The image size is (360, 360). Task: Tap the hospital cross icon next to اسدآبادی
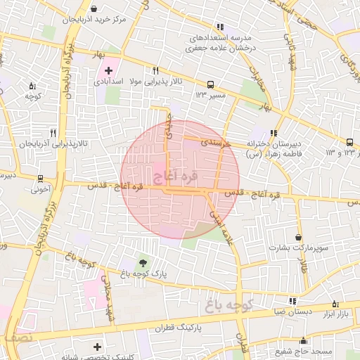point(109,71)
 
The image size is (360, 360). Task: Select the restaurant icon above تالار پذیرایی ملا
point(155,70)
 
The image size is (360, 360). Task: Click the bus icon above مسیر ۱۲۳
point(212,82)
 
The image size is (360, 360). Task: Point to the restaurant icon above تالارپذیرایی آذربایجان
point(53,132)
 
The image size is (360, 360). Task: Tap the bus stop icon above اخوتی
point(41,178)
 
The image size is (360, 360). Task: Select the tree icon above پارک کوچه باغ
point(145,262)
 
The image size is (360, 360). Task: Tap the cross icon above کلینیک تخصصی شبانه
point(97,346)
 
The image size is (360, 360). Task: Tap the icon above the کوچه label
point(32,86)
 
